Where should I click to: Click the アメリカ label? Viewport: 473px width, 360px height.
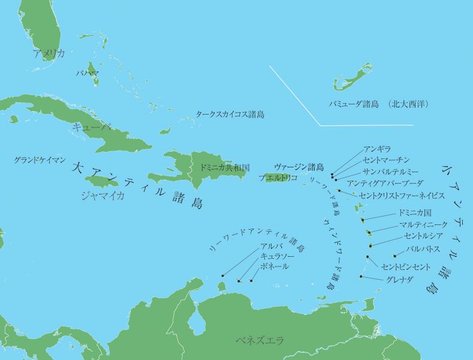click(x=49, y=54)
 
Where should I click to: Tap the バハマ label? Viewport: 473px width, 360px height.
click(x=88, y=73)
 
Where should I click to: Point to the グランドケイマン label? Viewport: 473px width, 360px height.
click(x=40, y=161)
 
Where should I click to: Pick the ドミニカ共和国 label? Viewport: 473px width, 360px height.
click(x=225, y=167)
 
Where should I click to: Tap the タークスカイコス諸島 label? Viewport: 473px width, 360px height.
click(x=230, y=114)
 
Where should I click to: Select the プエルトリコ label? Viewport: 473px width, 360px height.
click(x=278, y=178)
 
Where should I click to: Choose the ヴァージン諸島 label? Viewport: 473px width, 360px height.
click(x=299, y=167)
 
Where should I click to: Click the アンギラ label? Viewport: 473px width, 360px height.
click(x=376, y=149)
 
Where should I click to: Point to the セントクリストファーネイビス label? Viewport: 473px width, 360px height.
click(x=402, y=196)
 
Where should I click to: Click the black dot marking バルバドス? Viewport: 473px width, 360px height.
click(x=394, y=256)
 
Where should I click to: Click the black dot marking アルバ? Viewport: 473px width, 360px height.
click(x=222, y=275)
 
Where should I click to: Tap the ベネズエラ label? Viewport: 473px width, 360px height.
click(x=260, y=341)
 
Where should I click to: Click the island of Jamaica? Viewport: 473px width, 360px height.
click(x=104, y=181)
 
